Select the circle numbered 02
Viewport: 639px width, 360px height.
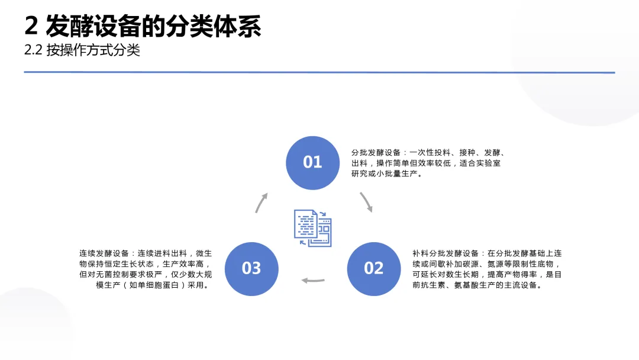point(373,269)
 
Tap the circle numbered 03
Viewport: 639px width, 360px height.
point(251,269)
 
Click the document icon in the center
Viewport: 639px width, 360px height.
point(313,228)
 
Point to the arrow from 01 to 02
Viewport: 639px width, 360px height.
point(367,202)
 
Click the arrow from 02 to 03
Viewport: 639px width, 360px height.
point(313,280)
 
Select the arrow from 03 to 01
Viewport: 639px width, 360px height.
point(261,202)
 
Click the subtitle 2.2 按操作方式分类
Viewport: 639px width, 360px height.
point(82,50)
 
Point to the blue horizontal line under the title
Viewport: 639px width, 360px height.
point(319,72)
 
